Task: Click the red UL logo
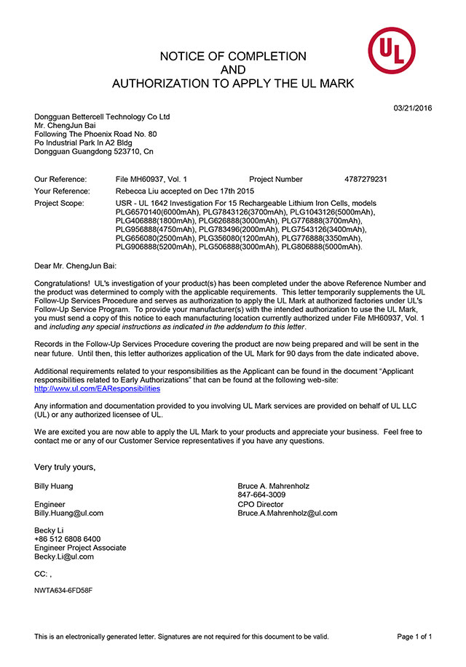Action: (x=391, y=49)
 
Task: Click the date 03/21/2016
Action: (x=413, y=108)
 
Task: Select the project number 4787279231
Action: (x=366, y=179)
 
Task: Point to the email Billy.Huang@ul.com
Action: (x=68, y=513)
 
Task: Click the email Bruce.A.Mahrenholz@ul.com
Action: (x=287, y=513)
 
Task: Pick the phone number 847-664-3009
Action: (x=261, y=495)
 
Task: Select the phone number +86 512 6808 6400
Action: (x=68, y=539)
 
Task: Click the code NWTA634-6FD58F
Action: (x=63, y=590)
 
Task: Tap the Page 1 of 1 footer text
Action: (x=414, y=636)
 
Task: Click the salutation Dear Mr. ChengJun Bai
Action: (x=75, y=266)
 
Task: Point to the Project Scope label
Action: (x=59, y=203)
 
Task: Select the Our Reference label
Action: (x=60, y=179)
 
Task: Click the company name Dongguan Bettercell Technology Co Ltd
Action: (x=102, y=116)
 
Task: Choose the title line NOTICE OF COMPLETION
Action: (x=233, y=57)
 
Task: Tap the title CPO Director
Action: (x=260, y=504)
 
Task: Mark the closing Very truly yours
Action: (x=65, y=467)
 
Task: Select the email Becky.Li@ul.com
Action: (x=64, y=556)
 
